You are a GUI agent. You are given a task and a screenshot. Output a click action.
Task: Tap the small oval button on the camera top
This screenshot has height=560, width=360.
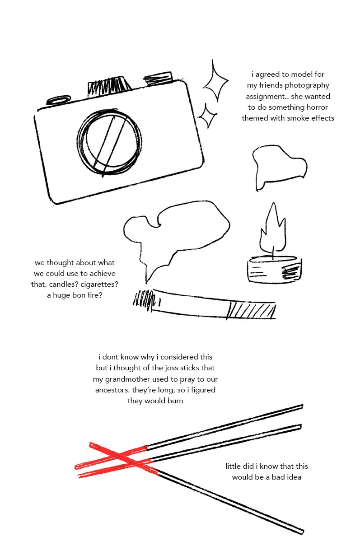[59, 100]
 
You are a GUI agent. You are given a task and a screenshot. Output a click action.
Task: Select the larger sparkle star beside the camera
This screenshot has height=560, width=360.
[215, 80]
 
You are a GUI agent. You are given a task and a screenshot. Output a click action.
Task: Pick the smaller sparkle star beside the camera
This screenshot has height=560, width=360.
[207, 115]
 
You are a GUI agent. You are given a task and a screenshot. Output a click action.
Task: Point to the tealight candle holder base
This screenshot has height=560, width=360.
[275, 270]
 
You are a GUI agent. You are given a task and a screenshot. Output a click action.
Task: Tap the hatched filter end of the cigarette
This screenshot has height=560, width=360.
[251, 311]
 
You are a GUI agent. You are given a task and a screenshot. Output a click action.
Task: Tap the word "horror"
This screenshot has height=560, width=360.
[317, 107]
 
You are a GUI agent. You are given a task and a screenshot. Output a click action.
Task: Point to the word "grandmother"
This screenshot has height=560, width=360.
[127, 379]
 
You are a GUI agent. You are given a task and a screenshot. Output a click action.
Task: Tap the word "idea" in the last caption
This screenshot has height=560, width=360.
[294, 477]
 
